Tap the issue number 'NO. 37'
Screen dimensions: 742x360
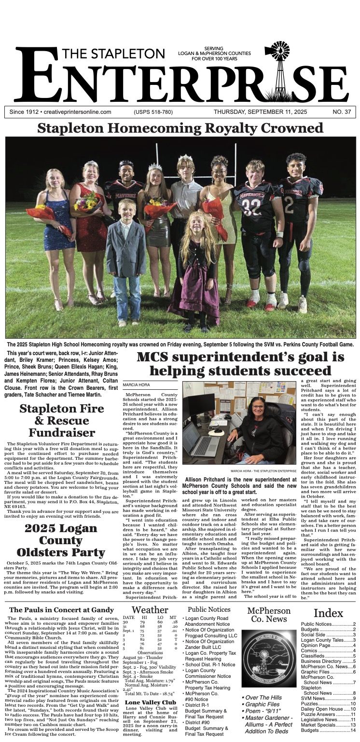point(341,112)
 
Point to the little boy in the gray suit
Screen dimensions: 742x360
point(126,251)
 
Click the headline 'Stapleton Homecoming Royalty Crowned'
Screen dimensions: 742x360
point(180,128)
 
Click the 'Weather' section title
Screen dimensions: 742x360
point(150,610)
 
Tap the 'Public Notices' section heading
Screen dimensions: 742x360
point(209,609)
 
